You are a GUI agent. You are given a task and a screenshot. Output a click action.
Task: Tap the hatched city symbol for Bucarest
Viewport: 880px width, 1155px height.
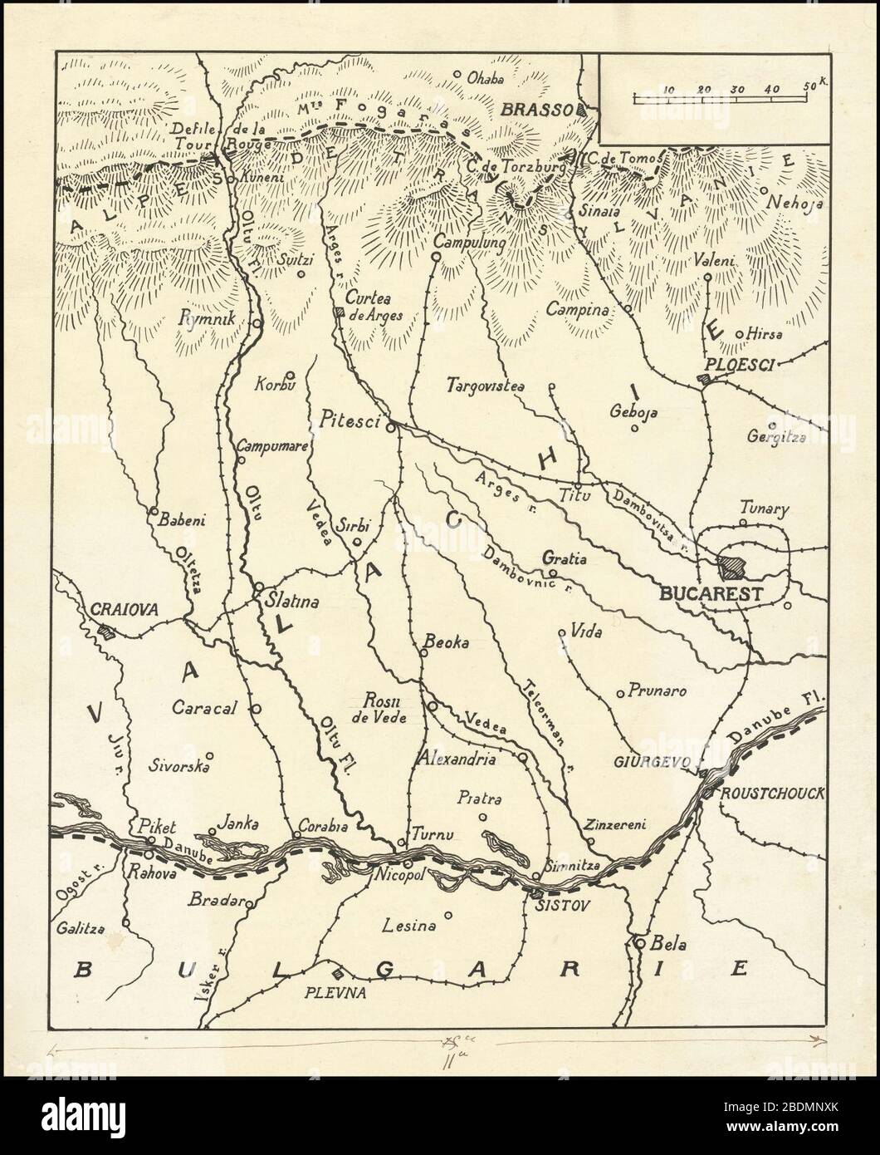(x=732, y=568)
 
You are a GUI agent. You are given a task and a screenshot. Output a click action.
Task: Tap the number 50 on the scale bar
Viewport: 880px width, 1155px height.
(x=809, y=87)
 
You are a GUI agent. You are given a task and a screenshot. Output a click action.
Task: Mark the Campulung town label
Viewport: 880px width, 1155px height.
(x=469, y=243)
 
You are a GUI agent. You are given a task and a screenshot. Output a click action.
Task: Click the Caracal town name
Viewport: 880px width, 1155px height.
(x=205, y=708)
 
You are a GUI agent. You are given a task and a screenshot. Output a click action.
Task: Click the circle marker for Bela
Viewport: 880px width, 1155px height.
(x=640, y=944)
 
